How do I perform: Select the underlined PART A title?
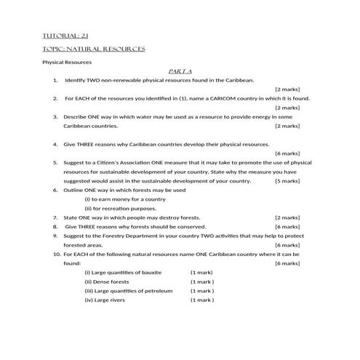pyautogui.click(x=179, y=71)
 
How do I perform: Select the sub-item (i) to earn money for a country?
pyautogui.click(x=125, y=199)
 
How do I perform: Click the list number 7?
pyautogui.click(x=55, y=217)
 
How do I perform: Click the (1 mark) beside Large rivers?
pyautogui.click(x=202, y=300)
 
